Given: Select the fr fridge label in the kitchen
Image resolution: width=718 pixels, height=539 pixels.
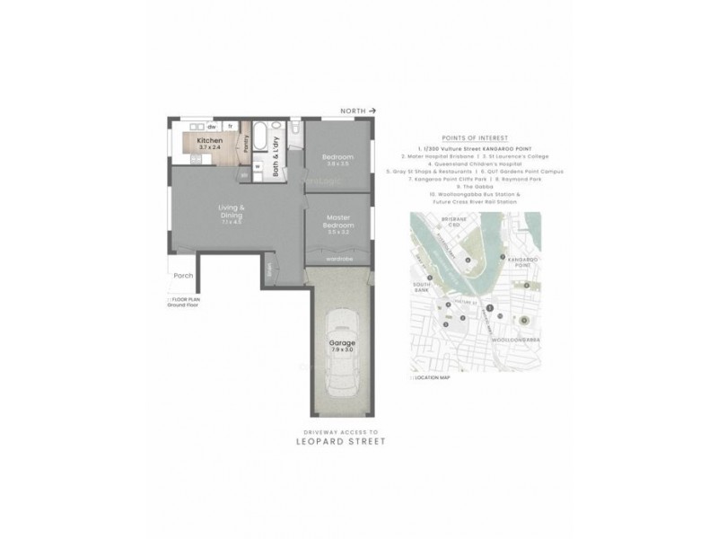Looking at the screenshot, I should pos(230,127).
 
